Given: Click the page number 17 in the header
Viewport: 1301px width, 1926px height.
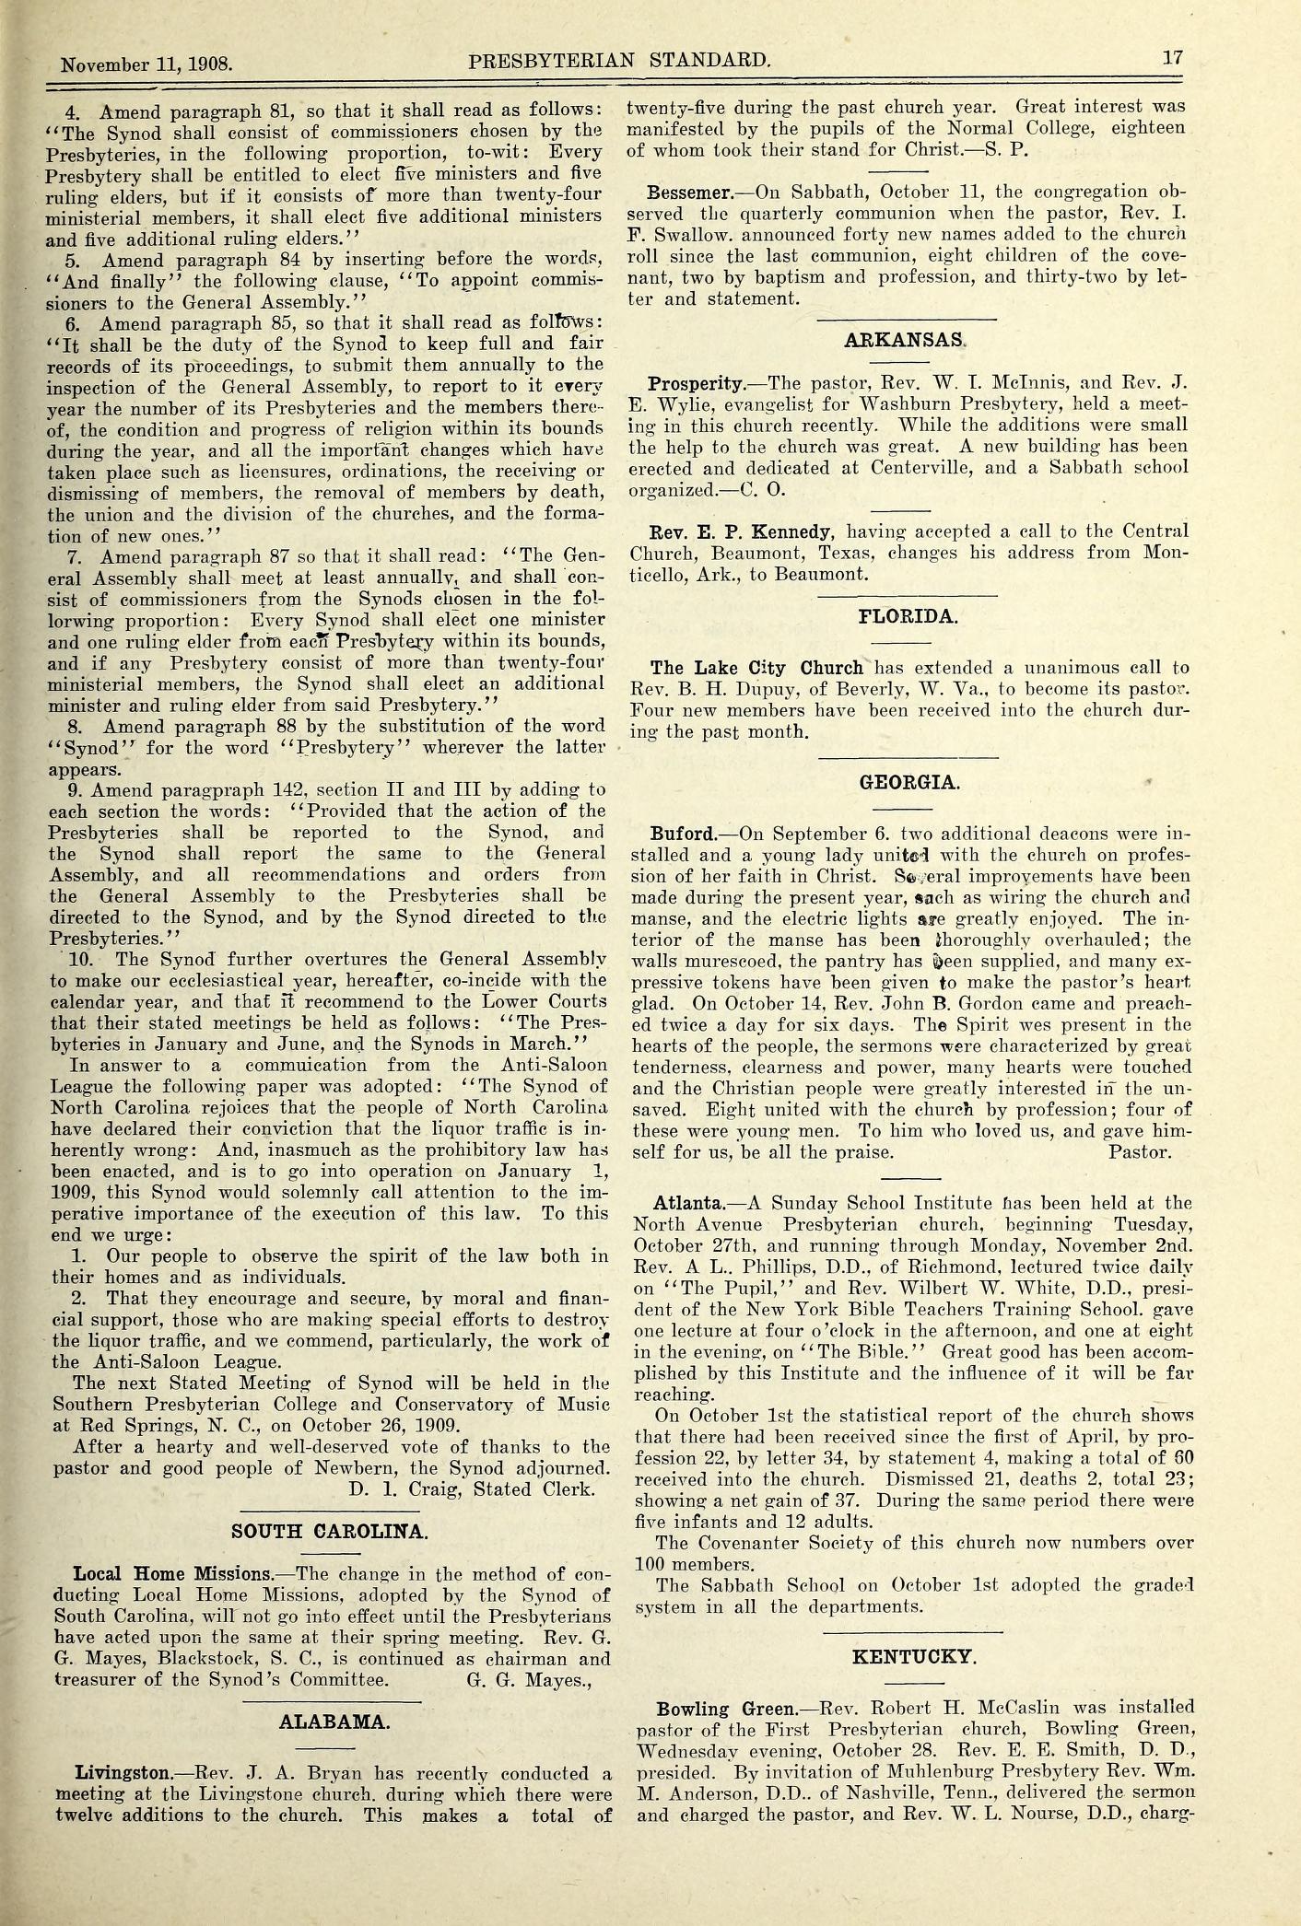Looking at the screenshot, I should coord(1171,57).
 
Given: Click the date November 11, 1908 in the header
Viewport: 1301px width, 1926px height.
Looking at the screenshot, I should coord(147,65).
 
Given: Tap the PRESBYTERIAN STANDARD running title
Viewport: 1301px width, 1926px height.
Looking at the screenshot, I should coord(618,61).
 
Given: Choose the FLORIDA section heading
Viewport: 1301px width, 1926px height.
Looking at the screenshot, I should coord(908,616).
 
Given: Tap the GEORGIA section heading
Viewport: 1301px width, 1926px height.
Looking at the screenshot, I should coord(909,782).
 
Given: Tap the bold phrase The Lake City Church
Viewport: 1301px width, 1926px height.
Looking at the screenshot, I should coord(756,668).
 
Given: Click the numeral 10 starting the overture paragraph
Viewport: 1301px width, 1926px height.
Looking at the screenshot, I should coord(71,959).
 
